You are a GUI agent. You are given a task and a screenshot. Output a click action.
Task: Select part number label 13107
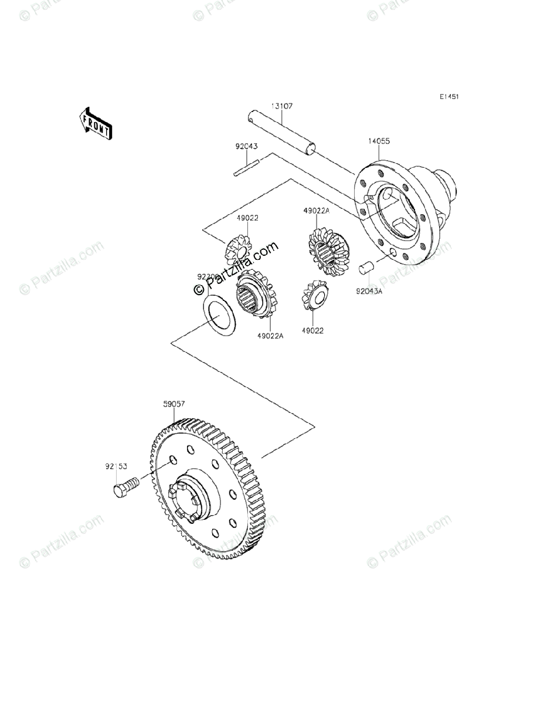point(281,106)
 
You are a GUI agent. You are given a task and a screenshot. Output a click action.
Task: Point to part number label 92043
point(247,147)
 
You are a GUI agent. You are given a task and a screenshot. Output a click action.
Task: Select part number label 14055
point(379,141)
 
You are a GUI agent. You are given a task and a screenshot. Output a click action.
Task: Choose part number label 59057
point(174,404)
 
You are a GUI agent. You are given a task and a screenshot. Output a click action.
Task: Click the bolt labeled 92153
point(124,486)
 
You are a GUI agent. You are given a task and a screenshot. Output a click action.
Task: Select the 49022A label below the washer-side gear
point(270,336)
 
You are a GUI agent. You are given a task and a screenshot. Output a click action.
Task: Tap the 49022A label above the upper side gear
point(317,210)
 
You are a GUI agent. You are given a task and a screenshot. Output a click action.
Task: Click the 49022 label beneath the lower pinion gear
point(312,331)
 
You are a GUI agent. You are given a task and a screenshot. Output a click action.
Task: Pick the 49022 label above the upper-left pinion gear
point(247,218)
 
